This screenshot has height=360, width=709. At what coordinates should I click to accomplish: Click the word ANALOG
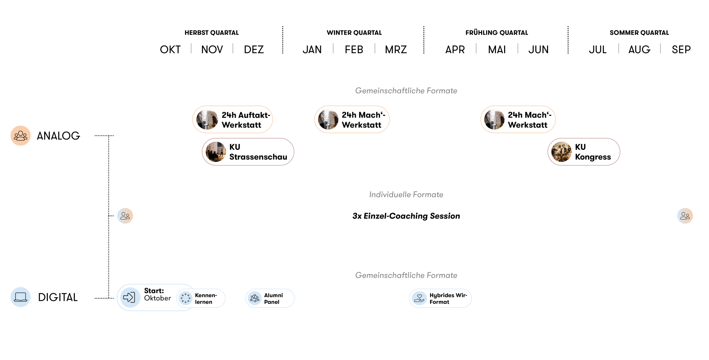tap(58, 136)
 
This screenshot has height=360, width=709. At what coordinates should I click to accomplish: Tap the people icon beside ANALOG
tap(21, 136)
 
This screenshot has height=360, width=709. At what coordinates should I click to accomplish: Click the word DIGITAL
tap(58, 297)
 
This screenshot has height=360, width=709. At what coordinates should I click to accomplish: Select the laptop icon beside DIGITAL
tap(21, 297)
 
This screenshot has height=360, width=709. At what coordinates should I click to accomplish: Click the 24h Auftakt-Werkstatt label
tap(246, 120)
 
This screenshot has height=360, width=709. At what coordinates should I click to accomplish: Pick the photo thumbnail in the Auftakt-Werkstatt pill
tap(207, 119)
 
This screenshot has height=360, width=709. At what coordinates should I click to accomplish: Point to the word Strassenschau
tap(258, 157)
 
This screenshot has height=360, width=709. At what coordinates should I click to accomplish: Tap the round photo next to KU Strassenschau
tap(216, 152)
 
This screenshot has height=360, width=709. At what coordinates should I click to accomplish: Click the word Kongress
tap(593, 157)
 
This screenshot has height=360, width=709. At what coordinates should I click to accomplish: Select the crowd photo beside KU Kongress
tap(562, 152)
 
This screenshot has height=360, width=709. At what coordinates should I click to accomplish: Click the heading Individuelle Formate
tap(406, 195)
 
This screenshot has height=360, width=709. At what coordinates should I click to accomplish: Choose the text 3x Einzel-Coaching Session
tap(406, 216)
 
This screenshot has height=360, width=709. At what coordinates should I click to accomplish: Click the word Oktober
tap(157, 298)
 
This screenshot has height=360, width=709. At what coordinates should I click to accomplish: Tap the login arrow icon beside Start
tap(129, 297)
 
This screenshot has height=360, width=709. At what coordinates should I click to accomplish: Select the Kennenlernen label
tap(206, 298)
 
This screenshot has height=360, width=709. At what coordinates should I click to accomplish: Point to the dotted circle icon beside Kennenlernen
tap(185, 298)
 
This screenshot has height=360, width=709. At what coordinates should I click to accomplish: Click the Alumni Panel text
tap(273, 298)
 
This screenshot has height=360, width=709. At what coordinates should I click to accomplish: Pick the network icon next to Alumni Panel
tap(255, 298)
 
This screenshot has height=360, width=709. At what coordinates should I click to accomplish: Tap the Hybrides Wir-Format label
tap(448, 298)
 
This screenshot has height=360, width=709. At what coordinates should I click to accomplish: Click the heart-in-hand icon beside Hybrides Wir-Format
tap(419, 298)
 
